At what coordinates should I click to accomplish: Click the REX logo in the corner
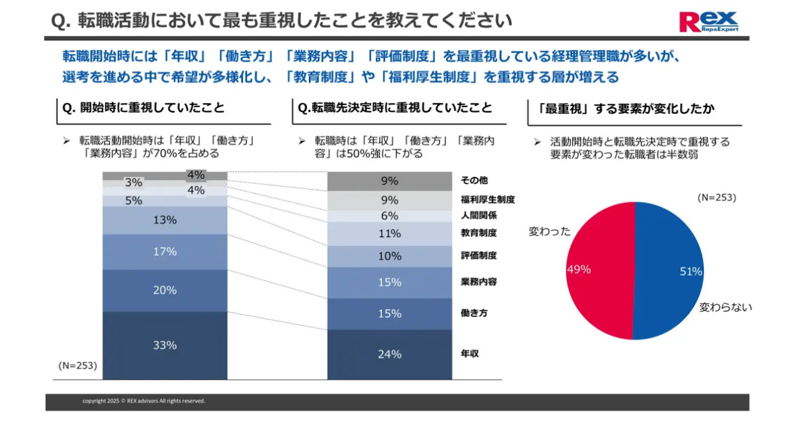(708, 21)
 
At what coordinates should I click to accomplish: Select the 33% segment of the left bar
(165, 346)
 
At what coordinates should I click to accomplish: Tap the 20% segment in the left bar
(165, 291)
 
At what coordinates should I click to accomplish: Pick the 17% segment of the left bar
(165, 252)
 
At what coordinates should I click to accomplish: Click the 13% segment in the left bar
(165, 220)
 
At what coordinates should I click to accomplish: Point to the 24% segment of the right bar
(389, 354)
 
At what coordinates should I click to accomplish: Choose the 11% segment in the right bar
(389, 234)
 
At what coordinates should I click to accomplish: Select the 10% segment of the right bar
(389, 257)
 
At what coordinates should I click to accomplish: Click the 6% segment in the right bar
(389, 216)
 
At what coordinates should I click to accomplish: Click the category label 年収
(470, 353)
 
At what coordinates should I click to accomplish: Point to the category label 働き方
(474, 313)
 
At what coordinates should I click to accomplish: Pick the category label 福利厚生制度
(487, 200)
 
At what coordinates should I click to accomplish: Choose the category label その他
(474, 180)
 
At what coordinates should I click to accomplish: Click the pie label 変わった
(550, 231)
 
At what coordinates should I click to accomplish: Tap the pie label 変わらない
(726, 307)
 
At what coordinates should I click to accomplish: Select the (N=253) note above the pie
(716, 198)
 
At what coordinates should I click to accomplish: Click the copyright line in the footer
(143, 401)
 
